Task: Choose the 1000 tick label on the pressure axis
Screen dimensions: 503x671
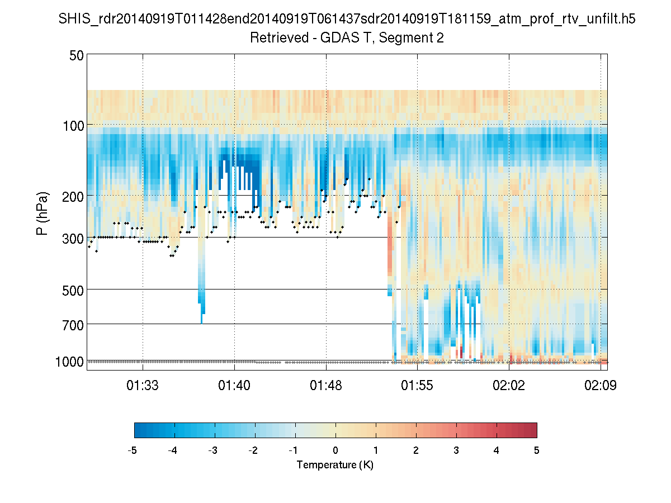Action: click(x=69, y=362)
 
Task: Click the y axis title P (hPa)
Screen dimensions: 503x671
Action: click(x=42, y=213)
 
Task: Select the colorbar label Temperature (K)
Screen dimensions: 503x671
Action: click(x=335, y=465)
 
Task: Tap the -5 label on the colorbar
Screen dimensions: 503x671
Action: click(x=133, y=450)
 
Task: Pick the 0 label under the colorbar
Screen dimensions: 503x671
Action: click(x=335, y=450)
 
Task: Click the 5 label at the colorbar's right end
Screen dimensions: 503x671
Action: click(x=537, y=450)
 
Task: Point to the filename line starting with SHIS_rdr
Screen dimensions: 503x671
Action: click(x=347, y=20)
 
